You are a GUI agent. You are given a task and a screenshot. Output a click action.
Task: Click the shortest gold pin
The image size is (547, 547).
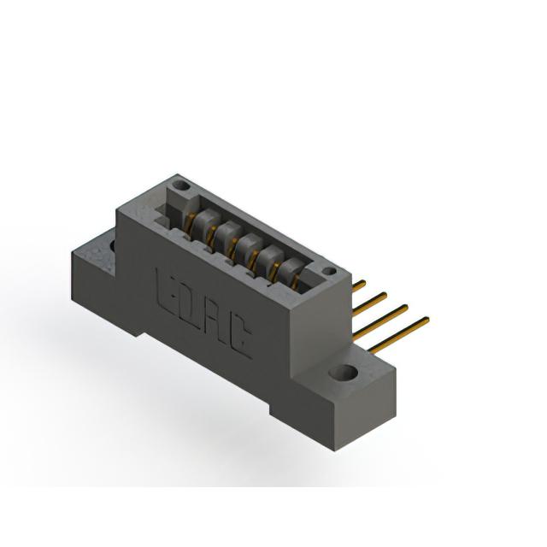(359, 285)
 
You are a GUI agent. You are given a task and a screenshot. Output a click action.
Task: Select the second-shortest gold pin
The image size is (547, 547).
(370, 304)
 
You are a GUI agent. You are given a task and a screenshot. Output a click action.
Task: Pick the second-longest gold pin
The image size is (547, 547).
(380, 321)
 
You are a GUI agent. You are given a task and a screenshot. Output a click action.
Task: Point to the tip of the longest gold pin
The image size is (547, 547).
(429, 318)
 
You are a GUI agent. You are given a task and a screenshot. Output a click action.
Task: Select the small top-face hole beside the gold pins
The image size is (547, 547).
(328, 271)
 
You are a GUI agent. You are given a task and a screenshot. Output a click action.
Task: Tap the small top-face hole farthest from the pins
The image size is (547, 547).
(182, 185)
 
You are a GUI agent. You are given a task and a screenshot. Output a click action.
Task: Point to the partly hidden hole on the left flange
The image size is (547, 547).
(113, 245)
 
